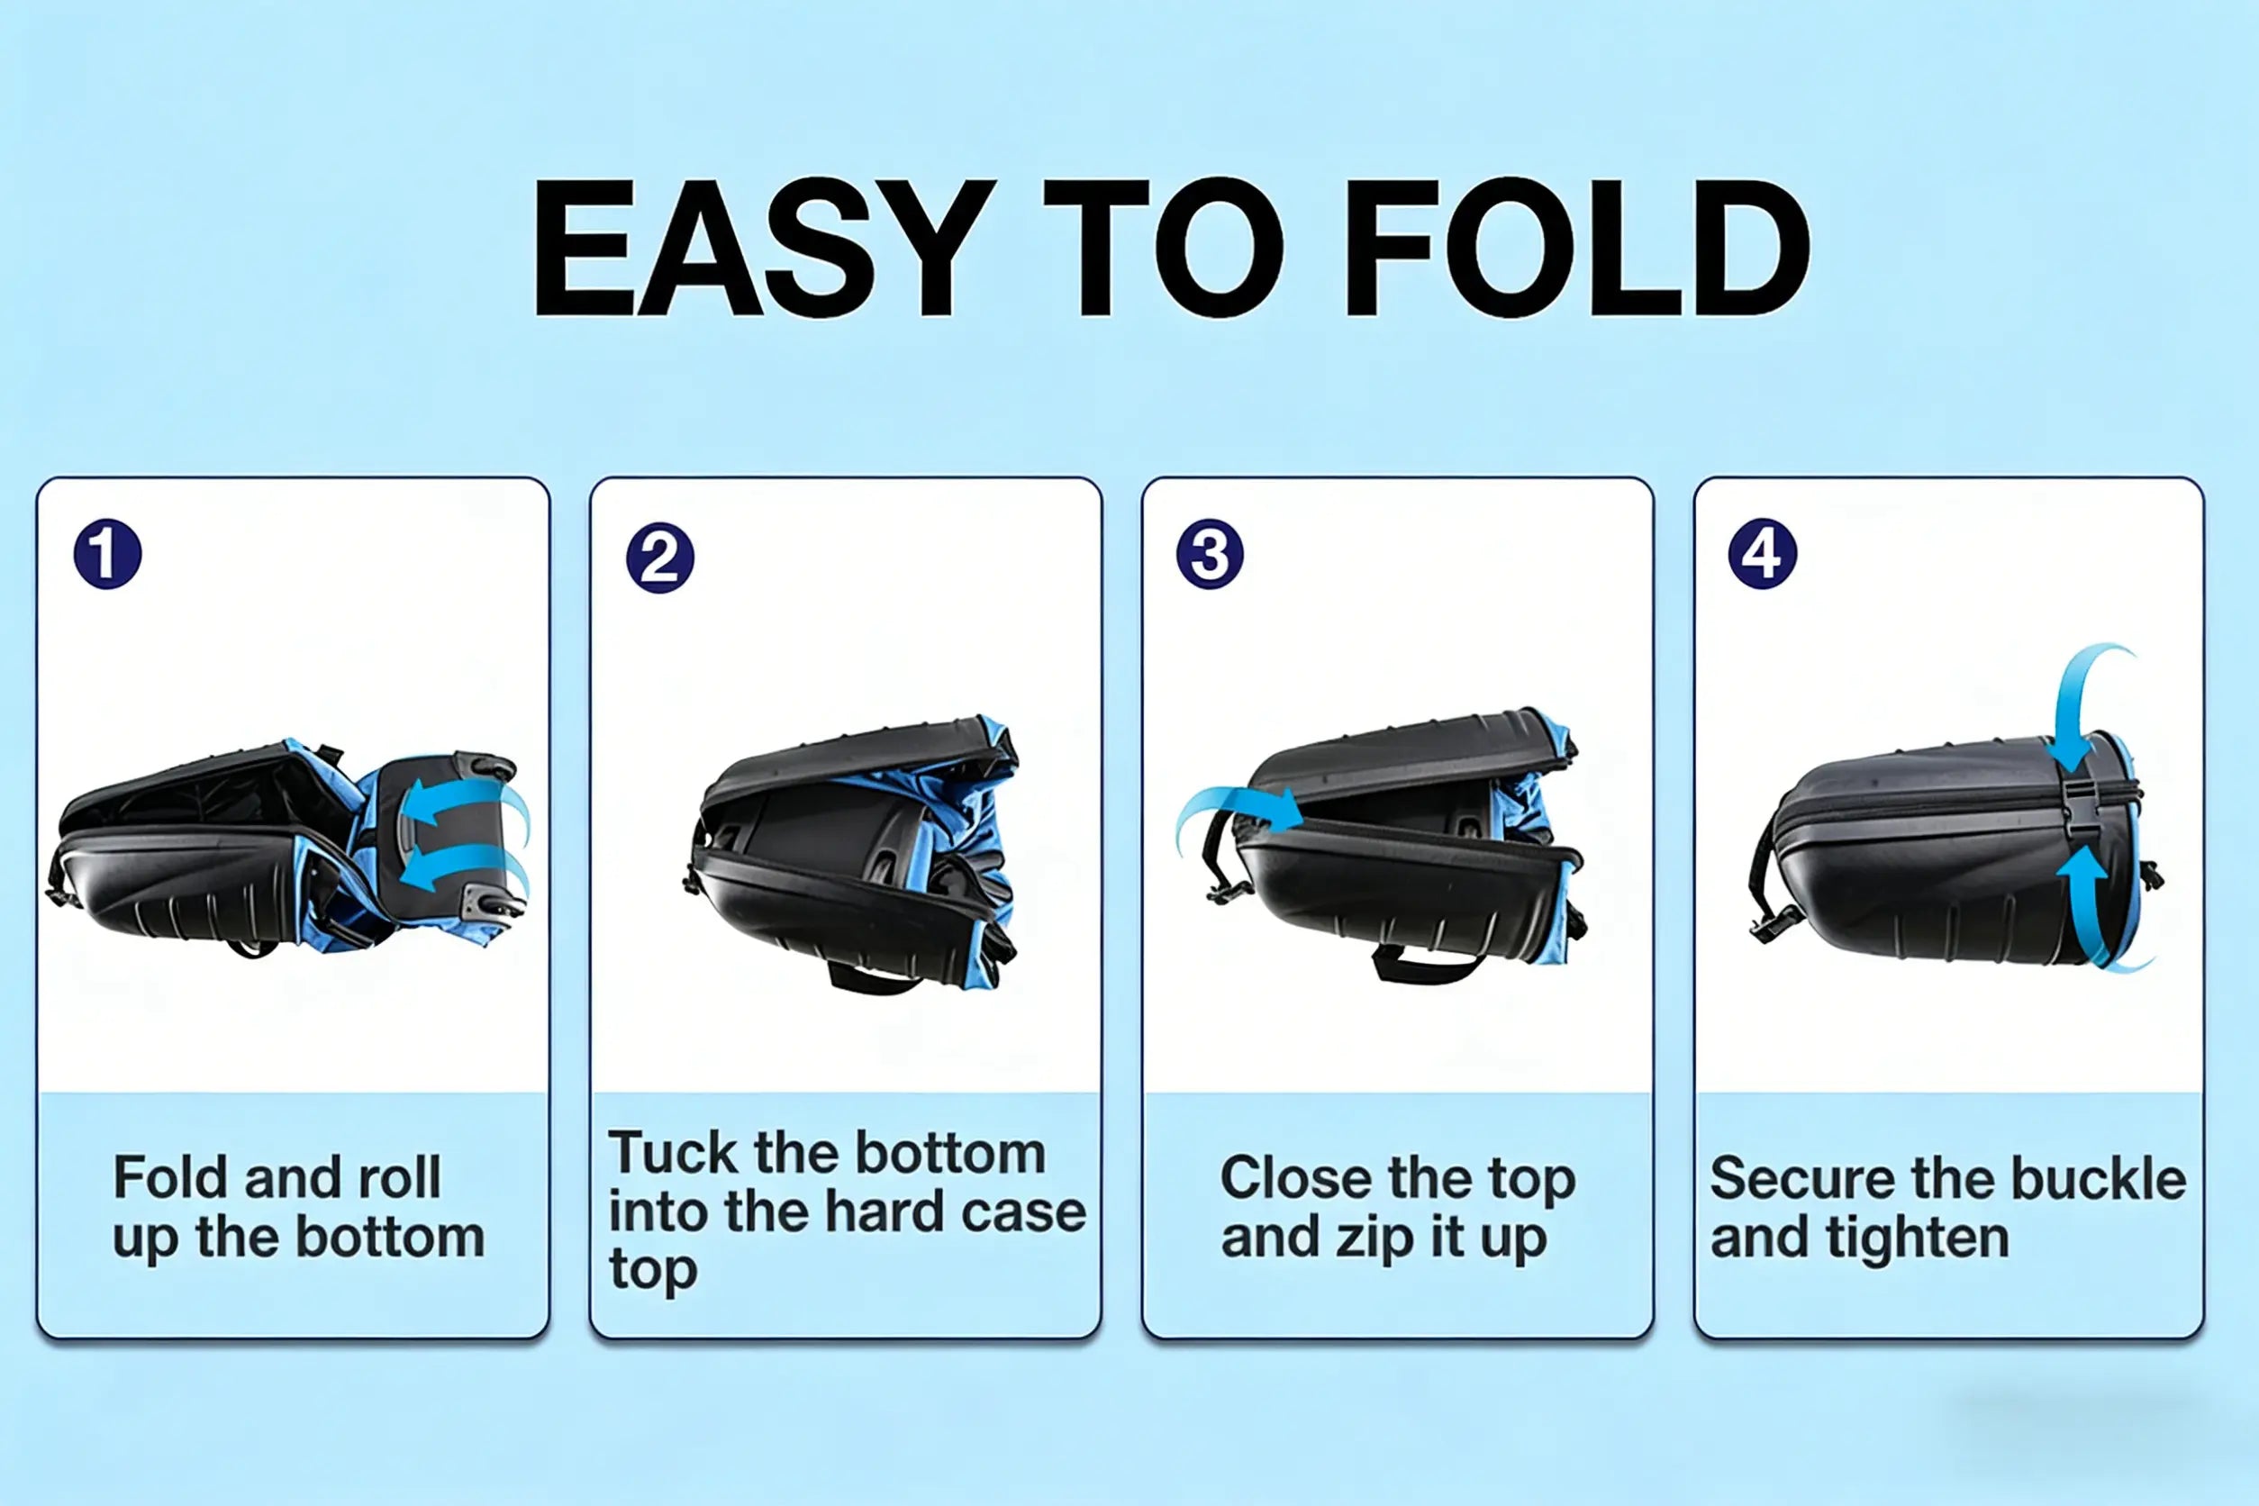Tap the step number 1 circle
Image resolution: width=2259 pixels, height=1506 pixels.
pos(107,554)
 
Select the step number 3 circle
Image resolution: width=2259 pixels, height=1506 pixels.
pos(1211,554)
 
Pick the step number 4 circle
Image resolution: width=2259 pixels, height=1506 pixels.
pos(1763,554)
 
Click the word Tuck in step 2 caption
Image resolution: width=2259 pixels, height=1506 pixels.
pos(673,1153)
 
